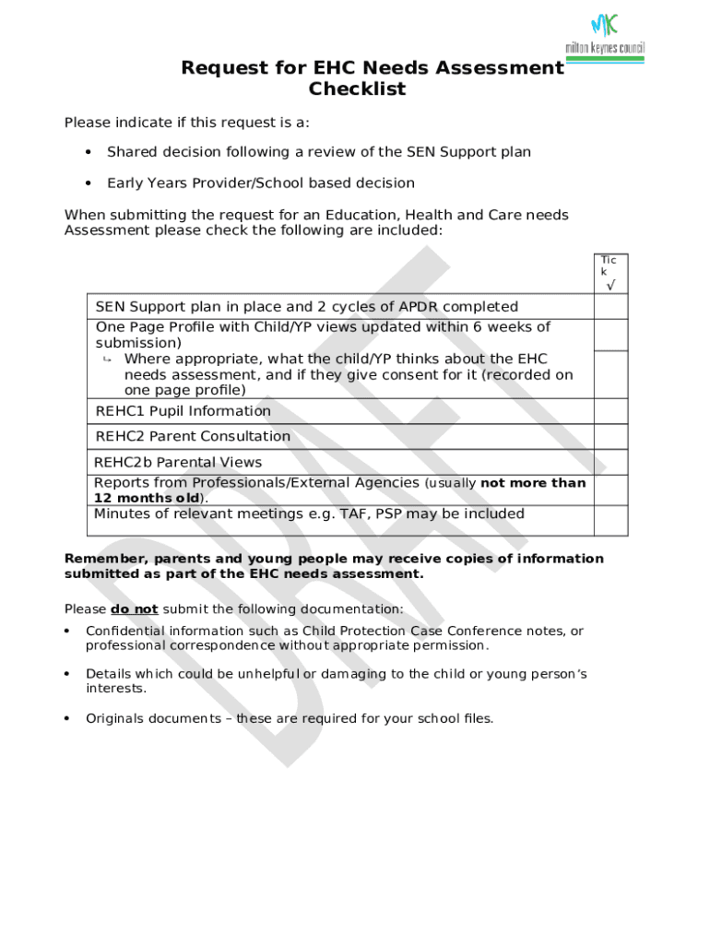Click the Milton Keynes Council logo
click(605, 37)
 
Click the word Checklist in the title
click(357, 89)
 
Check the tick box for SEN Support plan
click(610, 306)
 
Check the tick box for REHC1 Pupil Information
click(610, 411)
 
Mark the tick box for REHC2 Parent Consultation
click(610, 436)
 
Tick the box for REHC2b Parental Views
click(610, 462)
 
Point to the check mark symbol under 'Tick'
click(610, 286)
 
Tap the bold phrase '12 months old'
click(147, 498)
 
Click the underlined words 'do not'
click(135, 609)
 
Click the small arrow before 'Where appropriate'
click(107, 359)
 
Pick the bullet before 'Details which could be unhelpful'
click(67, 674)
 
